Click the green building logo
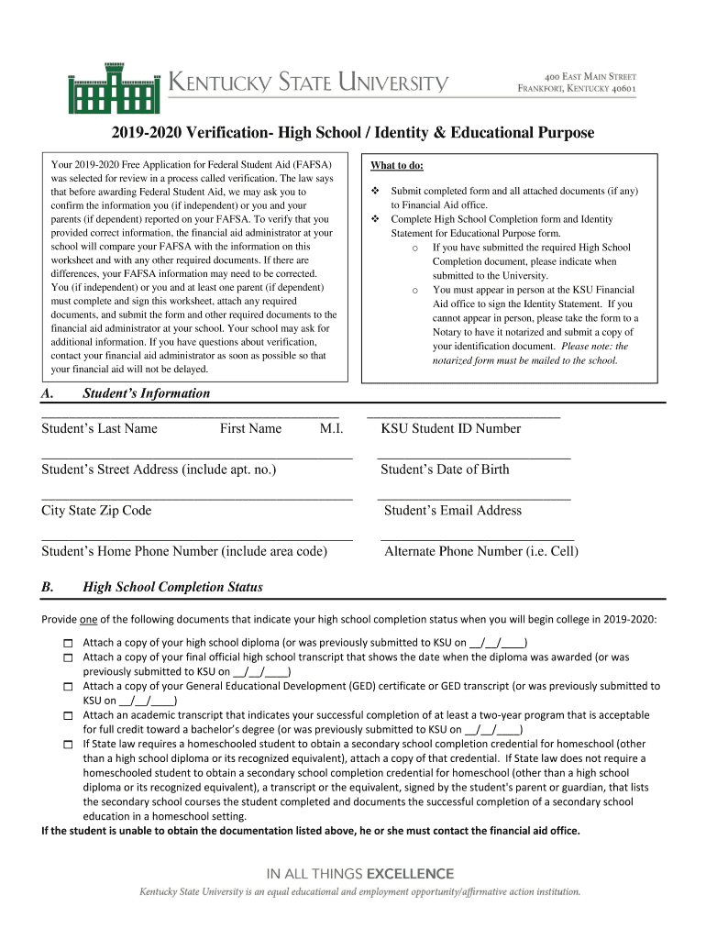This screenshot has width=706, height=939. point(115,87)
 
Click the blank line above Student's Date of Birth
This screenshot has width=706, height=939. point(473,456)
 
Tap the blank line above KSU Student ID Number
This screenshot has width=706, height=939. point(463,416)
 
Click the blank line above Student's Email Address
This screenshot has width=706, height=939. point(473,497)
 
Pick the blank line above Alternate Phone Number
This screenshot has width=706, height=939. point(477,538)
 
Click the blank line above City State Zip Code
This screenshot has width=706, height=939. point(197,497)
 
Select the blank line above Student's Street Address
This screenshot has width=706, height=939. point(197,456)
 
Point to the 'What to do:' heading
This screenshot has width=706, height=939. point(397,166)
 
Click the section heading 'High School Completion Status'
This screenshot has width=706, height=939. point(172,587)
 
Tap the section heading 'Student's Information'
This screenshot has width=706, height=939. point(146,393)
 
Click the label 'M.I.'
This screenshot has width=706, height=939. point(331,428)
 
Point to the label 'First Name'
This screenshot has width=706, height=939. point(250,428)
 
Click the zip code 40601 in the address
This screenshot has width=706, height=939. point(618,89)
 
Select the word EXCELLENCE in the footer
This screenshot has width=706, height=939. point(410,873)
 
